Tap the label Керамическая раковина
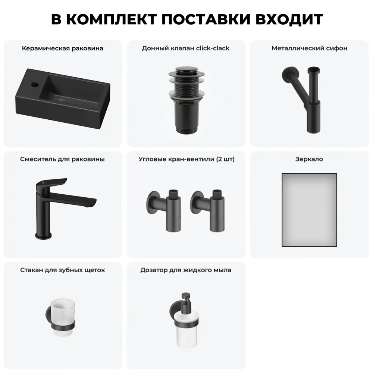pos(63,48)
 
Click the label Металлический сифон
pos(310,48)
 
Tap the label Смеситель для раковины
pos(62,159)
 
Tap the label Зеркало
pos(309,159)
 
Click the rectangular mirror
pos(309,209)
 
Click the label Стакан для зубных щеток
pos(63,270)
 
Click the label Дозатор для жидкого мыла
pos(186,270)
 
